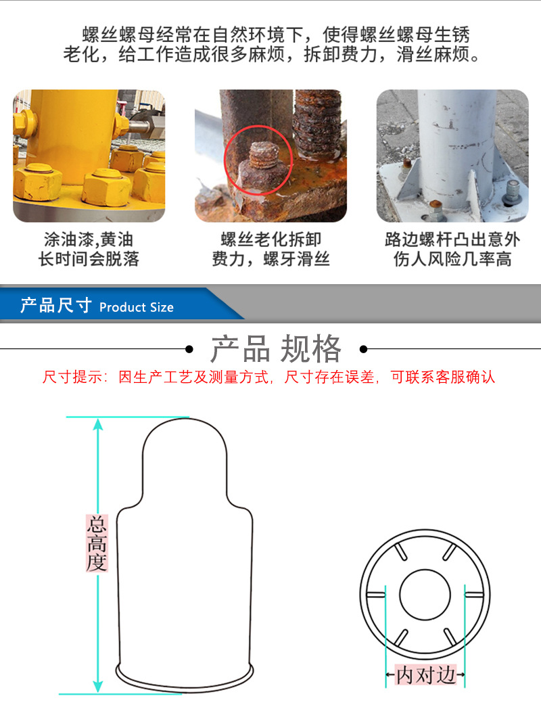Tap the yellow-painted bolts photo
[x=89, y=156]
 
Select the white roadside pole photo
[x=452, y=156]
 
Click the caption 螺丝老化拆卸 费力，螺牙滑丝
[x=270, y=249]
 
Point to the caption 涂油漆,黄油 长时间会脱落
[x=89, y=249]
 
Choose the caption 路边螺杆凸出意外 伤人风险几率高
[x=452, y=249]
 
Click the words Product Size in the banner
[x=136, y=307]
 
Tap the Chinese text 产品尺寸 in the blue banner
[x=55, y=306]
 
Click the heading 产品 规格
[x=276, y=349]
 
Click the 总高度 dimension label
[x=97, y=543]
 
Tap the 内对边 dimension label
[x=425, y=674]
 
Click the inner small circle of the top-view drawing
[x=425, y=595]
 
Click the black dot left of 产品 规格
[x=189, y=349]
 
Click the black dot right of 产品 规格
[x=363, y=349]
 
